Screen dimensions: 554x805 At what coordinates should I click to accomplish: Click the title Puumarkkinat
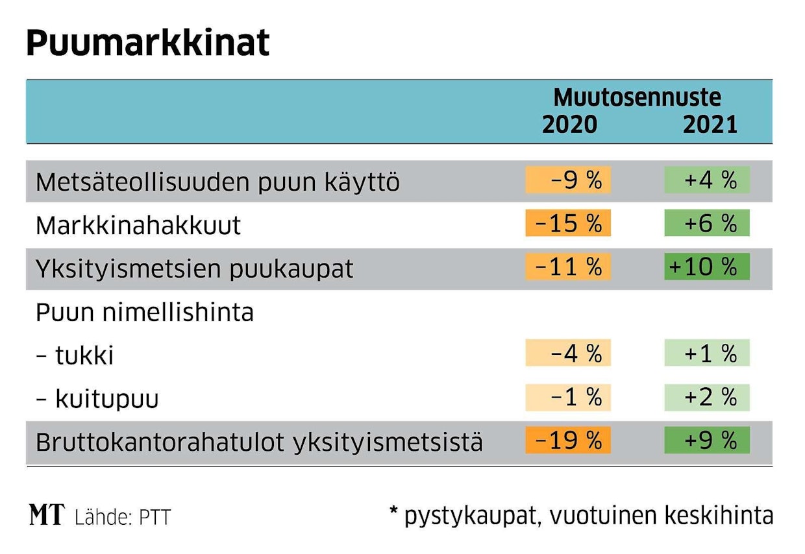click(147, 43)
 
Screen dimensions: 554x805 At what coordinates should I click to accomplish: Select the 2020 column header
click(569, 124)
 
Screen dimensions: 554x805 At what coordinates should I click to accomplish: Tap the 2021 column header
click(710, 124)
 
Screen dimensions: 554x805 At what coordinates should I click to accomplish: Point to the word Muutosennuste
click(637, 98)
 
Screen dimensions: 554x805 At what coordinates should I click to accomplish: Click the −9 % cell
click(568, 180)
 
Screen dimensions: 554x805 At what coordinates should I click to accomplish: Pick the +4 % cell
click(707, 180)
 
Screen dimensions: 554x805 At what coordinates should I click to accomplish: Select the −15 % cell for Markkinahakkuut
click(568, 223)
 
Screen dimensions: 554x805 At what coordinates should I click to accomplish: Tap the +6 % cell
click(707, 223)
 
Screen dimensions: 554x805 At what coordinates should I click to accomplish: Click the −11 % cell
click(568, 267)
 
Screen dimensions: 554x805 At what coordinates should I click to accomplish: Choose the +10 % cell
click(707, 267)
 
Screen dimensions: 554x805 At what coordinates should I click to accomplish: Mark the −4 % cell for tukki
click(568, 353)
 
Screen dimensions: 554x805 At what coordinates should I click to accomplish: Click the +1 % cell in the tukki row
click(707, 353)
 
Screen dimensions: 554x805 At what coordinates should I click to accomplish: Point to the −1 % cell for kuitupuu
click(568, 397)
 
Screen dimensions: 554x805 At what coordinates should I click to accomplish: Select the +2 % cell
click(707, 397)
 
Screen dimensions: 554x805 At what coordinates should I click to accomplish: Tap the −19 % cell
click(568, 440)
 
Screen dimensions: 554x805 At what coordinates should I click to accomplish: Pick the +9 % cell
click(707, 440)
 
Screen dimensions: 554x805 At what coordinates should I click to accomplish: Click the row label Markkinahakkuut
click(138, 226)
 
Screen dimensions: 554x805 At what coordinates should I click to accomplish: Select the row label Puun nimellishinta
click(145, 313)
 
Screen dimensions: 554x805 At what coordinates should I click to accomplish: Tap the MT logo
click(47, 515)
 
